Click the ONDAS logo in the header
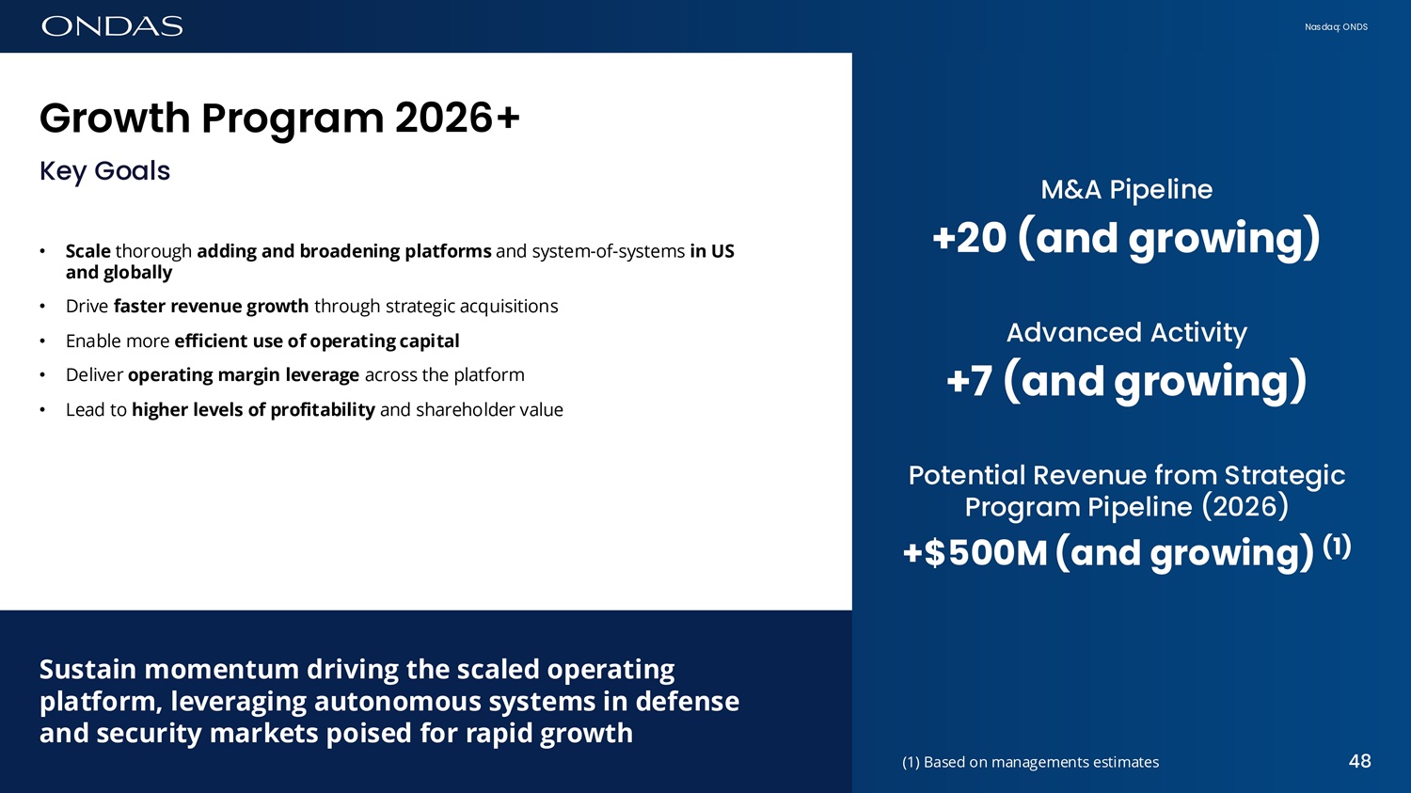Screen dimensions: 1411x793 click(x=112, y=26)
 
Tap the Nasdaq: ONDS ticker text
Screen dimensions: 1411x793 click(x=1336, y=27)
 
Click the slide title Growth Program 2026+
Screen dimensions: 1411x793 click(x=279, y=119)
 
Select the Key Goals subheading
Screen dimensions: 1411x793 click(x=104, y=171)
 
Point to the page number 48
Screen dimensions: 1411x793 click(x=1360, y=761)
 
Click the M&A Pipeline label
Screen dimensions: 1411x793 click(x=1126, y=190)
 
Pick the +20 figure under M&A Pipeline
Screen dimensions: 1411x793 click(x=970, y=238)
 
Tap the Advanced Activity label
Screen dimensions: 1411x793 click(x=1126, y=333)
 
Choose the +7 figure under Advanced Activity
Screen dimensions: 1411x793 click(x=970, y=381)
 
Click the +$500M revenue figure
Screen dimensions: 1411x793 click(x=975, y=552)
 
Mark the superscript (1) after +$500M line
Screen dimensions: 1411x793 click(x=1337, y=546)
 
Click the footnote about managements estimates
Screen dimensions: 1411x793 click(x=1031, y=762)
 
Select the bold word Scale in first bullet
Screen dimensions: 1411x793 click(x=88, y=251)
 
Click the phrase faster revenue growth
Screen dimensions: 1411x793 click(x=211, y=306)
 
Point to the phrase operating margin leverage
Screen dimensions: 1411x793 click(x=244, y=375)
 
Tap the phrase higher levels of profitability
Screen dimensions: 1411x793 click(x=253, y=410)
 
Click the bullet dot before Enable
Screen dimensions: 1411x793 click(x=42, y=341)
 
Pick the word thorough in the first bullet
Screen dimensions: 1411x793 click(x=153, y=251)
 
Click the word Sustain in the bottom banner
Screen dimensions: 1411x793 click(x=87, y=670)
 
